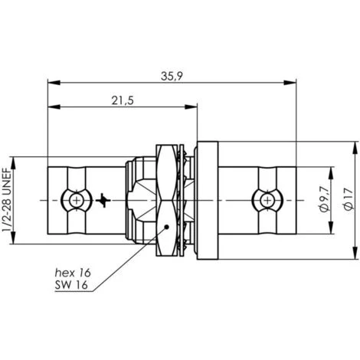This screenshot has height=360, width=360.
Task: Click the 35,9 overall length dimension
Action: (172, 76)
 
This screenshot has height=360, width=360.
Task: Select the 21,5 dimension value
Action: (123, 100)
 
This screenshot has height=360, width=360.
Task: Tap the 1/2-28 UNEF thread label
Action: (7, 200)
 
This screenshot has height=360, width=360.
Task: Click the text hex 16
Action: (73, 273)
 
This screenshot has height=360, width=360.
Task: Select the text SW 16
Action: (71, 285)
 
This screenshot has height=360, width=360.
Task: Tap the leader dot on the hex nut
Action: (166, 227)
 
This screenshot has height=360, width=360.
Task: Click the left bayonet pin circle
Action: (77, 201)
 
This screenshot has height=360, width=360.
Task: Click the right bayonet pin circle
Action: (267, 201)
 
